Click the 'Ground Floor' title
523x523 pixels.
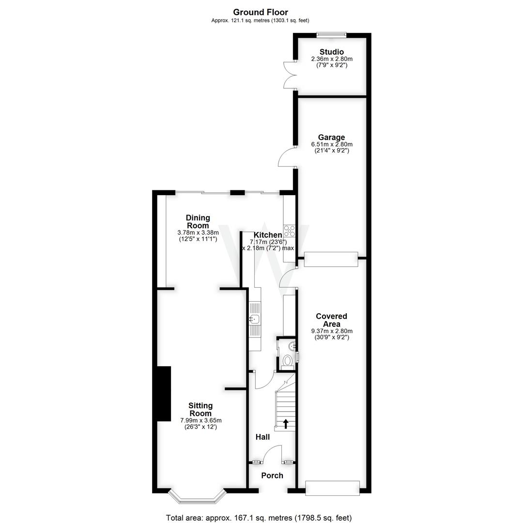tap(260, 12)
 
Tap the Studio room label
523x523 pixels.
tap(332, 52)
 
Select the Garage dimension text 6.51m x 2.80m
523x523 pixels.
tap(332, 144)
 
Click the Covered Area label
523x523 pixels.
tap(331, 320)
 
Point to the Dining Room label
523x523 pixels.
tap(198, 222)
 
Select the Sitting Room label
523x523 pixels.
tap(200, 410)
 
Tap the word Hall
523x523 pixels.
tap(262, 437)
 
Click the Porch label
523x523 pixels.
tap(272, 476)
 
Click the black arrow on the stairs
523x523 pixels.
tap(286, 424)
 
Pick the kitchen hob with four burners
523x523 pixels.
tap(290, 231)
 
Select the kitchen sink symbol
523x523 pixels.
tap(255, 319)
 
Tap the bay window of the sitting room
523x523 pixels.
tap(198, 496)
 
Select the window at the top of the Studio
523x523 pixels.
tap(331, 34)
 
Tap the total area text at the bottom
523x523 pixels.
tap(259, 518)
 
